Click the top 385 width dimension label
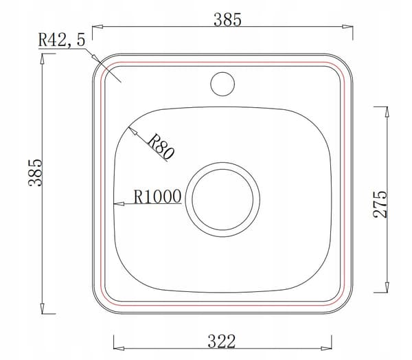tap(227, 20)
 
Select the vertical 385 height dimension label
tap(35, 172)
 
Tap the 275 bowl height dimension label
tap(380, 204)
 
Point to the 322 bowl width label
tap(222, 341)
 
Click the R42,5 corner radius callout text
tap(62, 40)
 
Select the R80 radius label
tap(161, 147)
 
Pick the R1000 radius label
tap(158, 196)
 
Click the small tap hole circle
tap(222, 84)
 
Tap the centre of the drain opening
tap(222, 200)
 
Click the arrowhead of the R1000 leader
tap(119, 204)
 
